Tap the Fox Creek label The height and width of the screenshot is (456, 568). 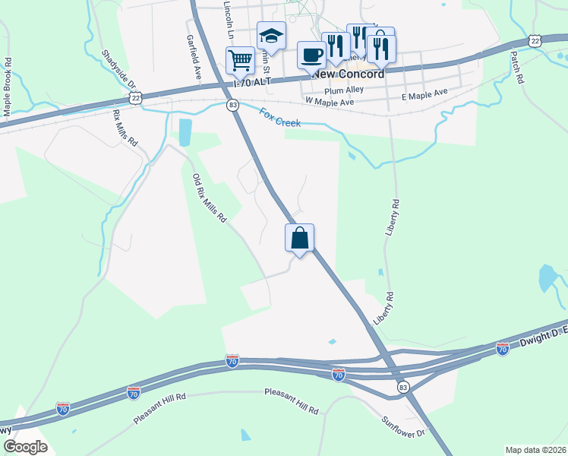tap(280, 119)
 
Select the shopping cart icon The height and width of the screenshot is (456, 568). tap(240, 59)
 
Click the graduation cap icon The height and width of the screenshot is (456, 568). tap(271, 35)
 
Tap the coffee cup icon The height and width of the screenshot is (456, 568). tap(312, 54)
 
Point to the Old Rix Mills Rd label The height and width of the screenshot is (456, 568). tap(210, 198)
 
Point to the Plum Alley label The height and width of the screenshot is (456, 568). tap(344, 90)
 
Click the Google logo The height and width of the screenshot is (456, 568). tap(24, 446)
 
